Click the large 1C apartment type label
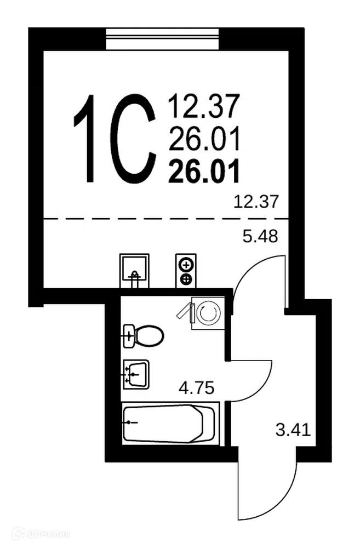coord(115,139)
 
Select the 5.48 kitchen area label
coord(260,237)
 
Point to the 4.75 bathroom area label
coord(196,387)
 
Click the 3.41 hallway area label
coord(293,430)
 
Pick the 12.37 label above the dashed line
coord(256,202)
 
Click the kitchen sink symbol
coord(134,271)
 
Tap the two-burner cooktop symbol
coord(186,271)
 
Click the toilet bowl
coord(144,336)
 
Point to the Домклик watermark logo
coord(41,534)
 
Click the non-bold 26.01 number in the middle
coord(204,139)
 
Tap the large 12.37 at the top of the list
coord(204,106)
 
